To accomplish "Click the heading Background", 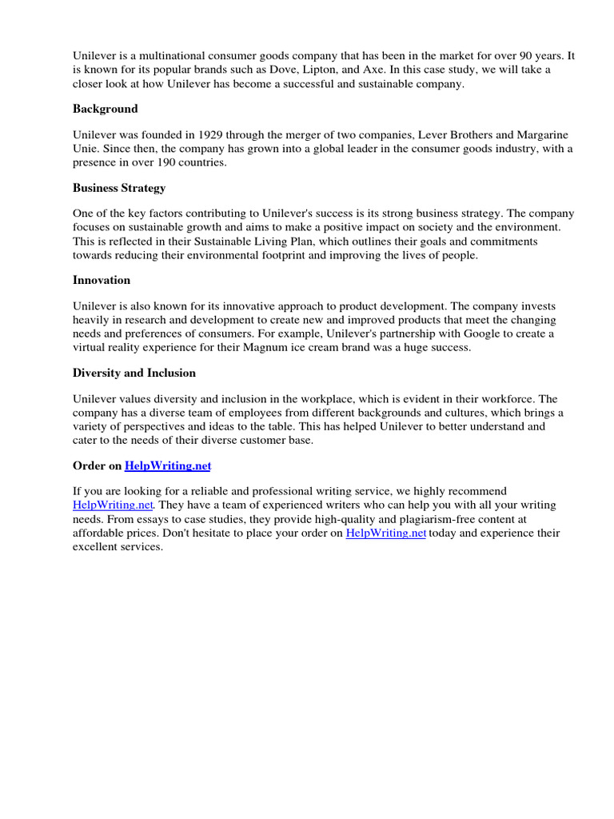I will [106, 109].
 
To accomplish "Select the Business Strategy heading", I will [119, 188].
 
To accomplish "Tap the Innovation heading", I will [102, 280].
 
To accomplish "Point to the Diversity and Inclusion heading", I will [134, 373].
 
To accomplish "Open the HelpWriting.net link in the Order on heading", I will [168, 465].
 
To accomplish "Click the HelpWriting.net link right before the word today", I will [385, 533].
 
